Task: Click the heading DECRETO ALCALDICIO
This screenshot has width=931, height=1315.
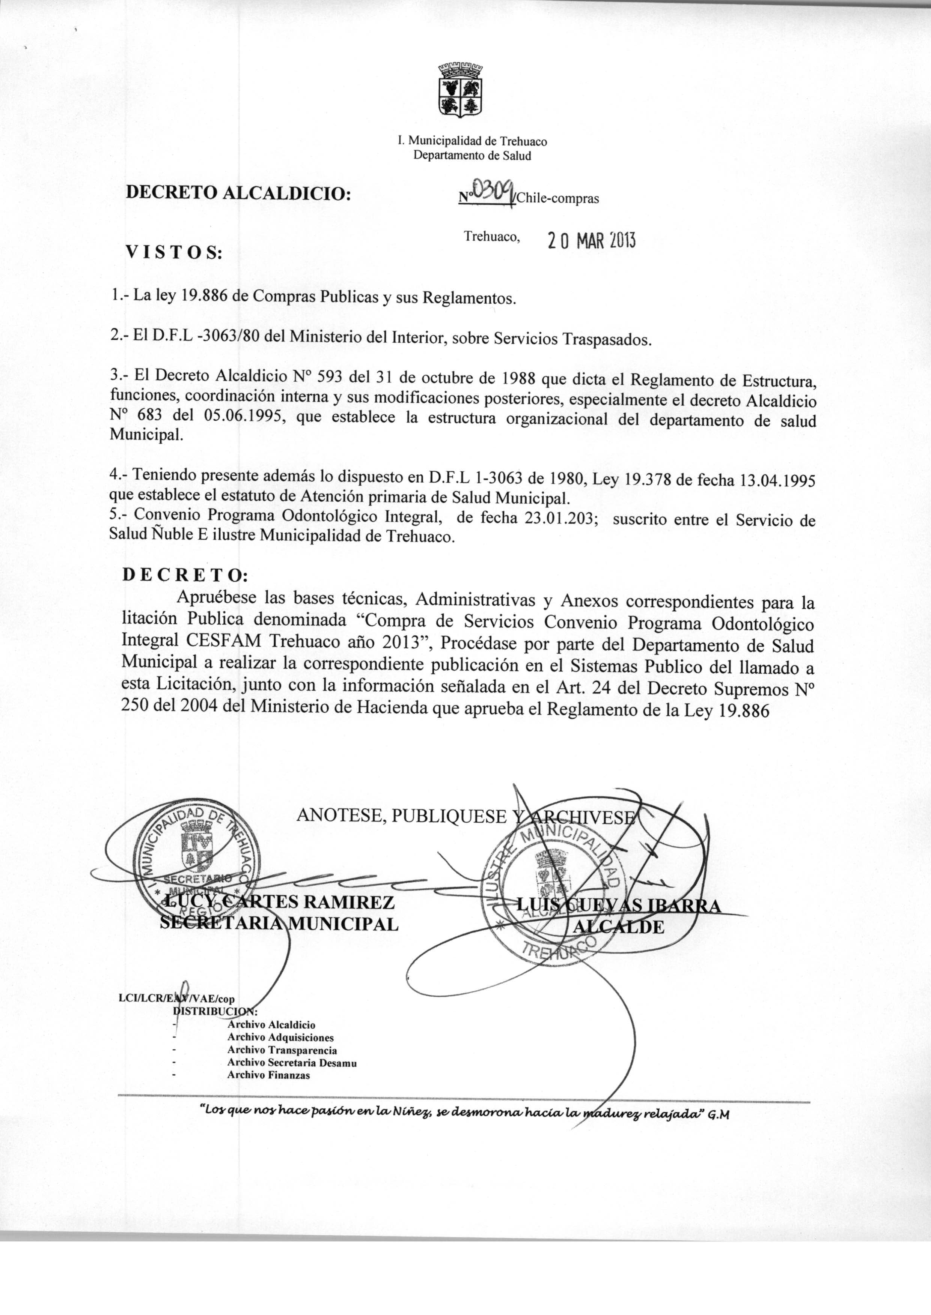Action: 238,194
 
